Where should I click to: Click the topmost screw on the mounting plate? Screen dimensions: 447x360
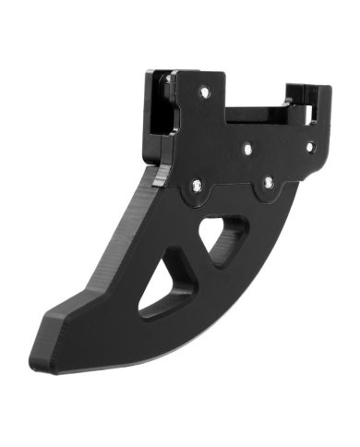(204, 91)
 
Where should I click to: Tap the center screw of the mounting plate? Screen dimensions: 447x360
(247, 145)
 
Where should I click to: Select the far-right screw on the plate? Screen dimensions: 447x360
(310, 145)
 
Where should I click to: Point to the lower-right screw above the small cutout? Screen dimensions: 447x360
(268, 182)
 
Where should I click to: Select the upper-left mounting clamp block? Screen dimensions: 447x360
(159, 106)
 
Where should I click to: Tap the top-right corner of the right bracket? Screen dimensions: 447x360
(327, 89)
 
